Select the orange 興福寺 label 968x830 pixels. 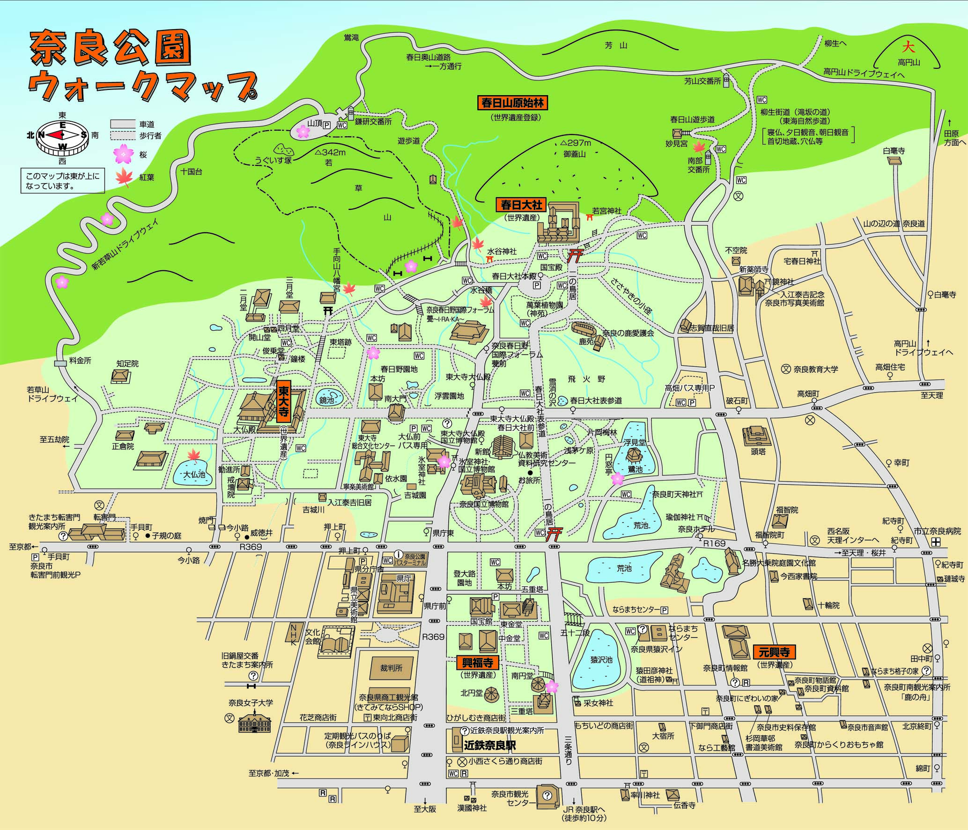point(477,662)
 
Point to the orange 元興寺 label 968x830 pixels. point(774,652)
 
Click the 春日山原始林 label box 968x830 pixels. point(513,103)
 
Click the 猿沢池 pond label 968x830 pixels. point(601,659)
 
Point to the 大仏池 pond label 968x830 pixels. point(194,474)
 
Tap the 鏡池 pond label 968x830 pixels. point(326,400)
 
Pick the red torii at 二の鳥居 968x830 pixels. point(575,256)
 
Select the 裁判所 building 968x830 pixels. point(392,667)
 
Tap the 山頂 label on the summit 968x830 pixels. point(315,123)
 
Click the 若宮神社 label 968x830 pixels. point(606,211)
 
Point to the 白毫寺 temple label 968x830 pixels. point(894,151)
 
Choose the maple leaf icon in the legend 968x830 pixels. point(124,177)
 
